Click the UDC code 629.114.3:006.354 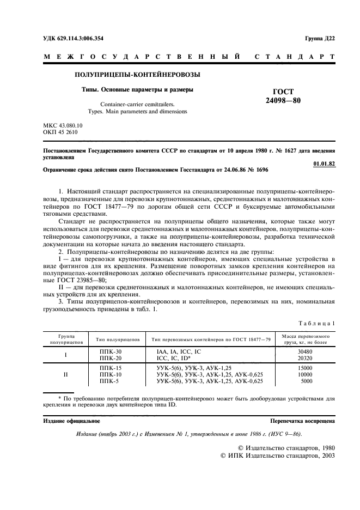(73, 38)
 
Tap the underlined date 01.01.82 (325, 163)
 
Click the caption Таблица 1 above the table (318, 323)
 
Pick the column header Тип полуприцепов (119, 339)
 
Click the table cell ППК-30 (111, 352)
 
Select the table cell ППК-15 (111, 368)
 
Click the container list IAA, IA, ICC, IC (179, 352)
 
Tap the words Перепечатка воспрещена (303, 421)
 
